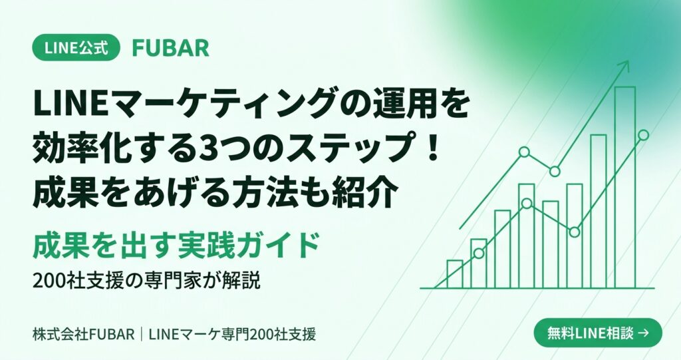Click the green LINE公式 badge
click(x=76, y=47)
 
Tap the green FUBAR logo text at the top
click(x=171, y=48)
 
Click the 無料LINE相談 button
click(x=598, y=333)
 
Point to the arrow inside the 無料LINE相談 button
click(x=644, y=333)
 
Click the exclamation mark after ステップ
click(x=431, y=148)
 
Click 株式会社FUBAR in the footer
click(x=83, y=334)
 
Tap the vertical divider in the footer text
click(x=142, y=334)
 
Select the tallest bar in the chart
click(x=625, y=188)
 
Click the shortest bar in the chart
click(x=455, y=274)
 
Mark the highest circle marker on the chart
click(x=643, y=135)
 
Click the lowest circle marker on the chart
click(x=479, y=253)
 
